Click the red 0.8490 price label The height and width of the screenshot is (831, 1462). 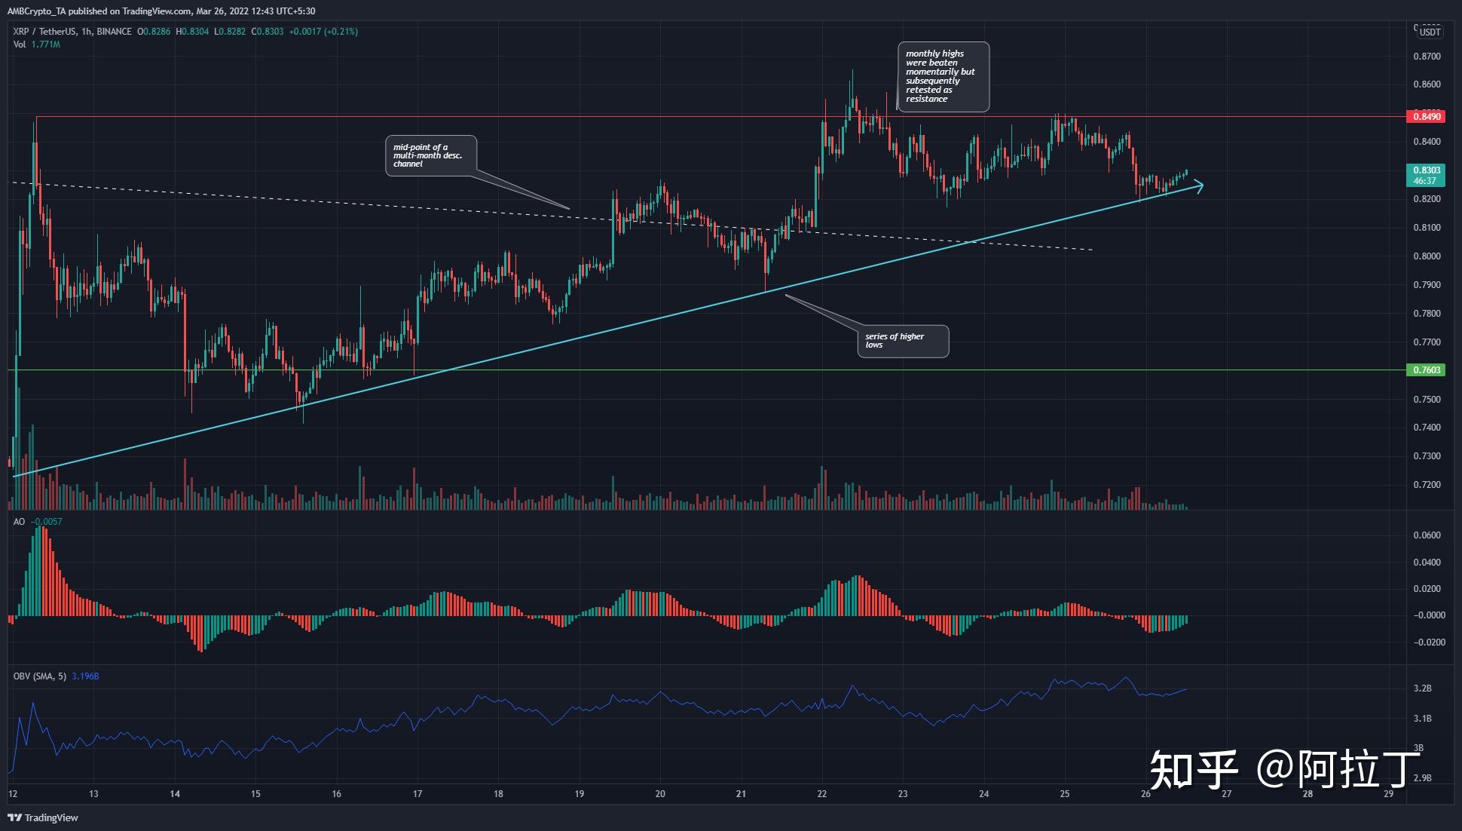pos(1426,116)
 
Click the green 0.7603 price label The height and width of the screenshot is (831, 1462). pos(1426,370)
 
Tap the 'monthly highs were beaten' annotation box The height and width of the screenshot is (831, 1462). pos(943,76)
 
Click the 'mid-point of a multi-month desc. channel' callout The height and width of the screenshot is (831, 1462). pos(430,155)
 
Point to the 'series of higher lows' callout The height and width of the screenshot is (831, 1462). pos(903,341)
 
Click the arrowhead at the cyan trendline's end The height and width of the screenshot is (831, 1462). pos(1198,186)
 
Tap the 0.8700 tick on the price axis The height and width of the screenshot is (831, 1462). pos(1427,57)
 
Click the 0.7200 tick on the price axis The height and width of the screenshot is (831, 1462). pos(1427,485)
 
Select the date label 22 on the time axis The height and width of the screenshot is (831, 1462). pos(821,794)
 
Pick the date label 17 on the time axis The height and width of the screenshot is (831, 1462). pos(417,794)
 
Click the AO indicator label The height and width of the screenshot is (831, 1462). pos(19,522)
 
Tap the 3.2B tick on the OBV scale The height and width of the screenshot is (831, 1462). pos(1422,688)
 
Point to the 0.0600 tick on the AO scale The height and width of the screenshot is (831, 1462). pos(1427,535)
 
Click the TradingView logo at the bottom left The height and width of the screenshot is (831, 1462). pos(43,817)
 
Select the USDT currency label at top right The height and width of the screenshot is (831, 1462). pos(1430,32)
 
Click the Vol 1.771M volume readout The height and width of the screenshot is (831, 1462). pos(36,44)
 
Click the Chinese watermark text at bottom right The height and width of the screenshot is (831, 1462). pos(1284,769)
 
